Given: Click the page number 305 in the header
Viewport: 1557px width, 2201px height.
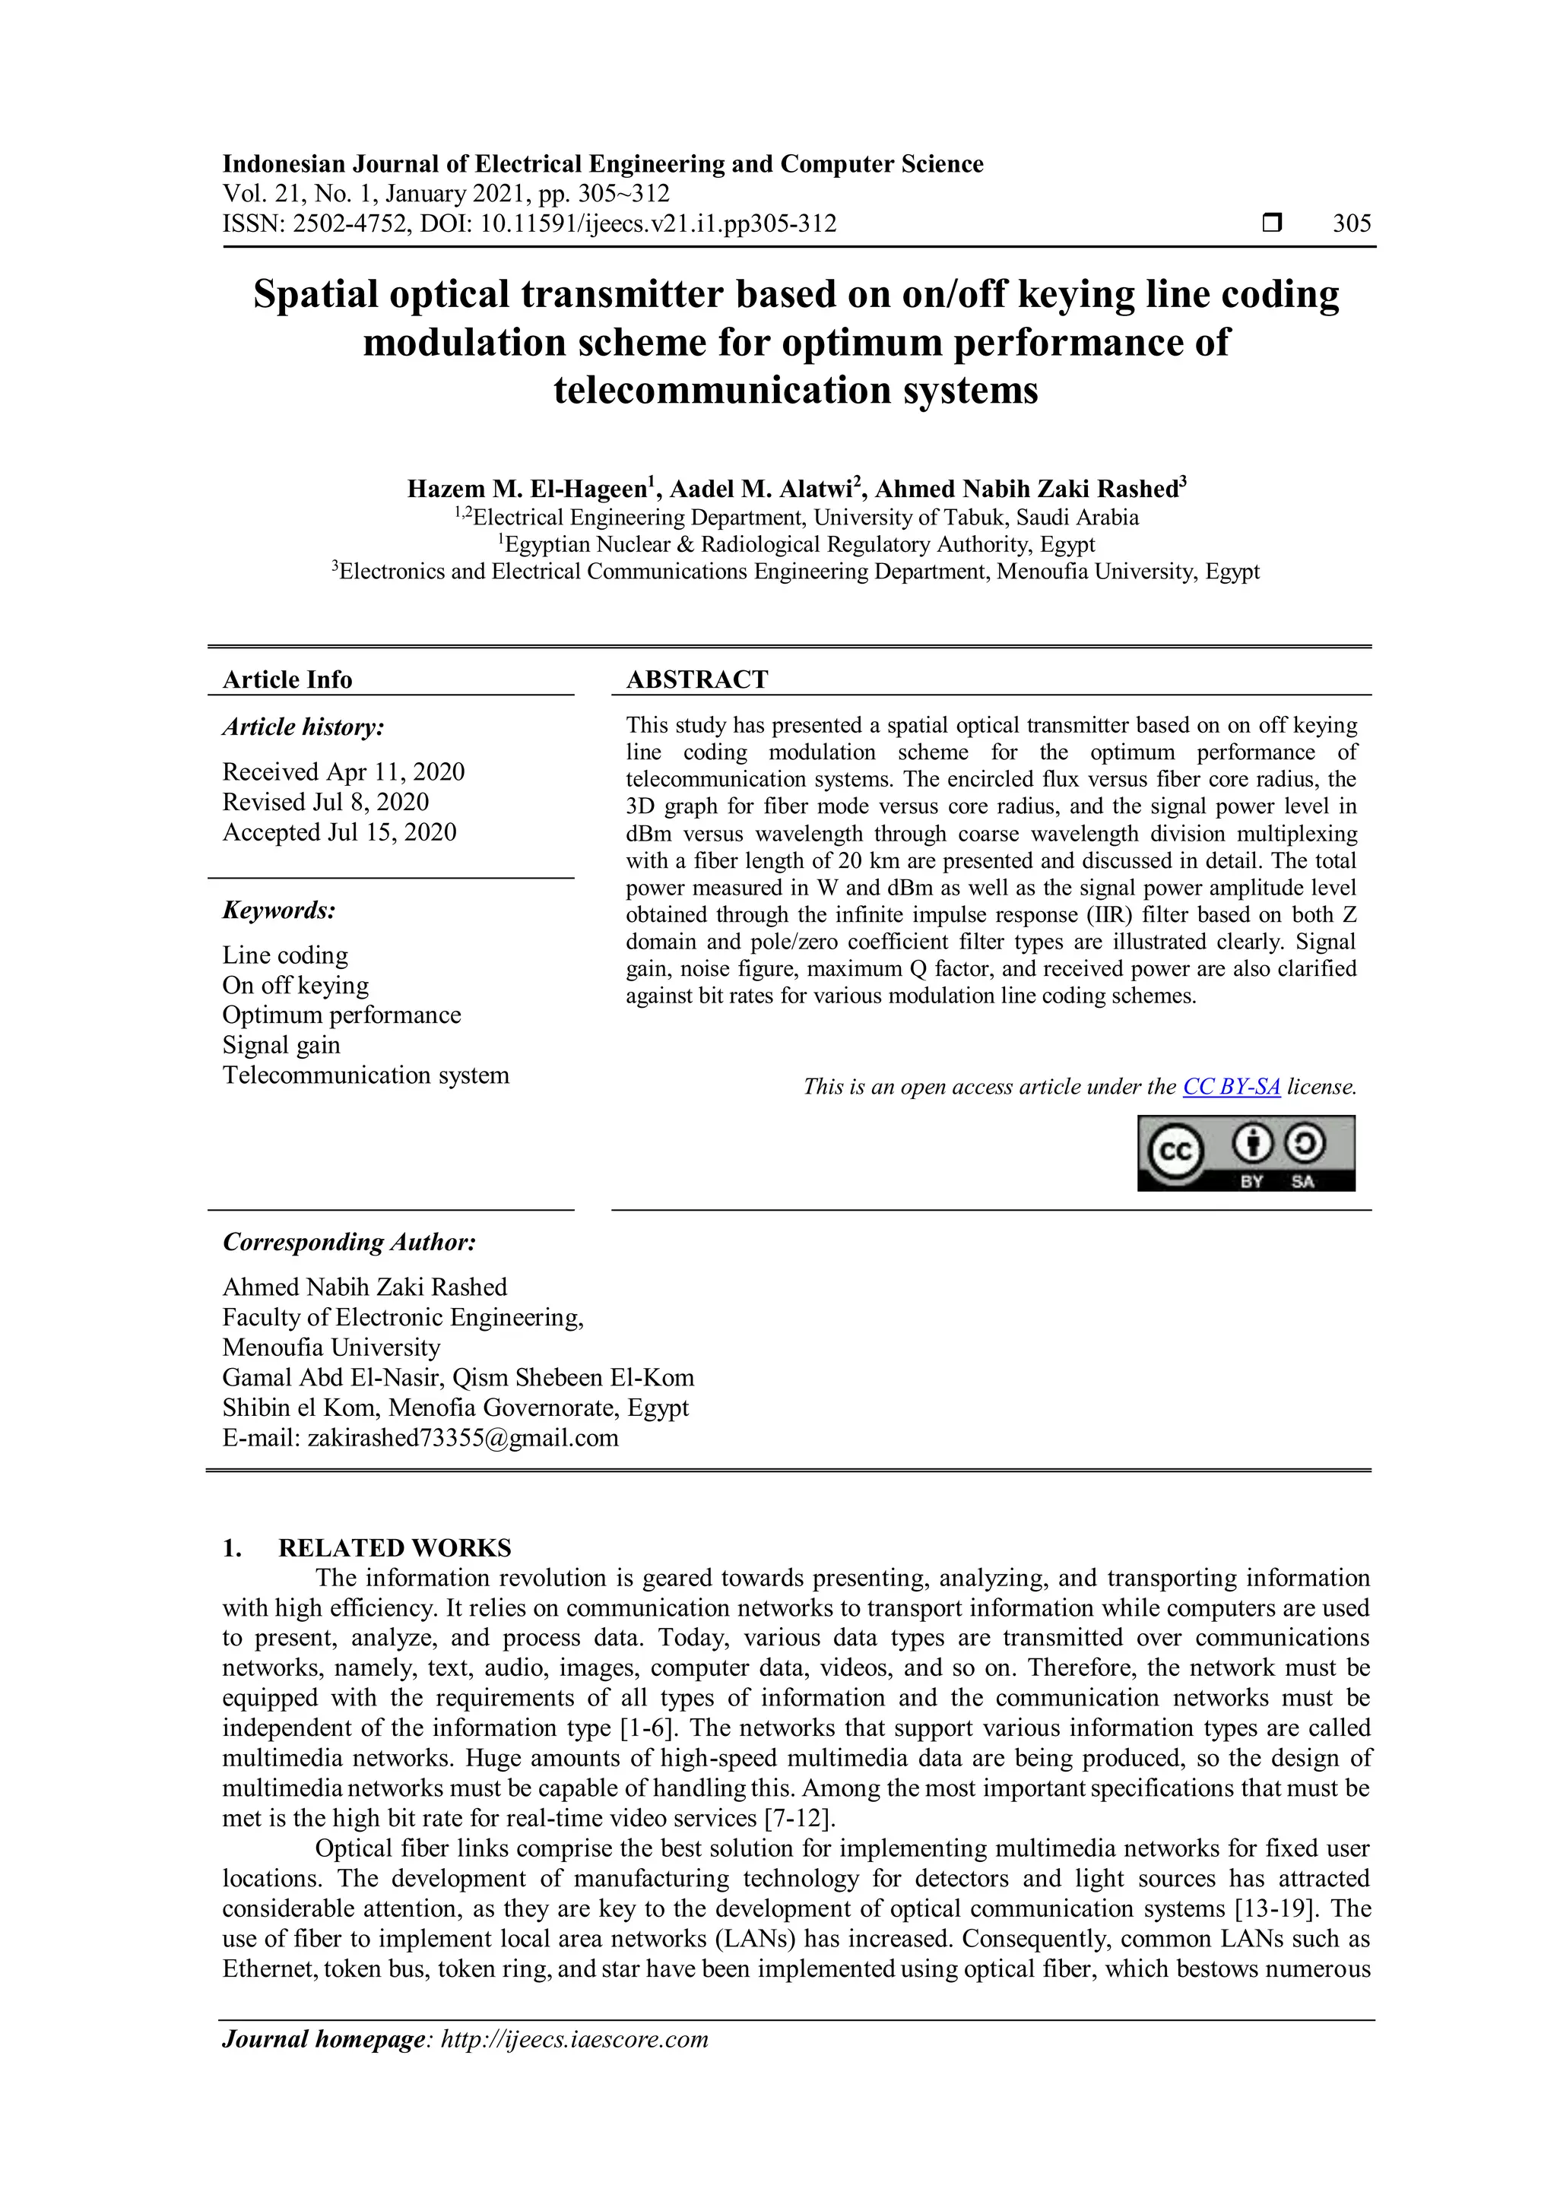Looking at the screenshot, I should [1351, 224].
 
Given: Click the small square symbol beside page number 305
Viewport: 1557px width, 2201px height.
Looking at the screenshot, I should [1271, 223].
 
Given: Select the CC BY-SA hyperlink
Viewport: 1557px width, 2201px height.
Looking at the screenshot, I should [1231, 1087].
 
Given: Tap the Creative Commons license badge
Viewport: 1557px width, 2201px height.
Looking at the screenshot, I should [1245, 1153].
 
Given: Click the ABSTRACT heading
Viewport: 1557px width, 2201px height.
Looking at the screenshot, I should [697, 679].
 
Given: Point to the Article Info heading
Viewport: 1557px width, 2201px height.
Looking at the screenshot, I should [287, 679].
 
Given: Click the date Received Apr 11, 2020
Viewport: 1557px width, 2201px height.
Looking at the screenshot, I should [343, 771].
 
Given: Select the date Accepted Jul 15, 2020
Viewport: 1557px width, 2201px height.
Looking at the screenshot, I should [339, 832].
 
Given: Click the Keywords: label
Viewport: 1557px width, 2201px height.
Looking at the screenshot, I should [279, 910].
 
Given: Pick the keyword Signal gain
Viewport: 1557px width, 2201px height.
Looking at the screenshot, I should [281, 1045].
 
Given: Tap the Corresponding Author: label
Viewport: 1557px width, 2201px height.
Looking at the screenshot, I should [349, 1243].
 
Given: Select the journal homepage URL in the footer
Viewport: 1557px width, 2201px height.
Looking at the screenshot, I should [573, 2039].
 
